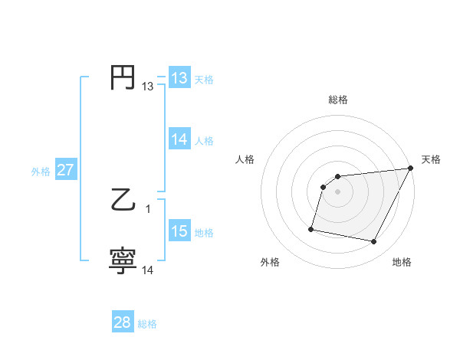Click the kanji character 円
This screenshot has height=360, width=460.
(123, 78)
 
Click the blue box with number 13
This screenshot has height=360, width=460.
(179, 78)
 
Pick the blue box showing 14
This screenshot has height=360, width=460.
(179, 139)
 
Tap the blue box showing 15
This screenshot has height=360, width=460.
(179, 231)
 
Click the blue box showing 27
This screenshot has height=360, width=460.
(65, 170)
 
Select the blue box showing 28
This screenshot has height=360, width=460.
(123, 322)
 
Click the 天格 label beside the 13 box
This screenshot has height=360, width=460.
(204, 79)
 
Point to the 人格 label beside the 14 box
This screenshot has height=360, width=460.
(204, 140)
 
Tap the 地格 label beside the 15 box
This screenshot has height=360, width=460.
(204, 232)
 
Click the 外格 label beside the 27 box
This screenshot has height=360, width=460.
(41, 171)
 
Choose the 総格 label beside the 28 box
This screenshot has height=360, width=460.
(147, 323)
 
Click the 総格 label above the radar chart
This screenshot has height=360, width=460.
(337, 100)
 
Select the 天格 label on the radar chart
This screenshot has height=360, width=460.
(431, 159)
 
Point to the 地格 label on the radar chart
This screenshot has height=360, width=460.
(402, 262)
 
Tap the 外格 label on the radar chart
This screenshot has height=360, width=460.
(270, 262)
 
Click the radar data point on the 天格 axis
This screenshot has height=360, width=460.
(410, 169)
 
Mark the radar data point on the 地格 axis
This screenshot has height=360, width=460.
(374, 242)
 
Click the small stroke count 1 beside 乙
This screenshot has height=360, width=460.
(148, 209)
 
